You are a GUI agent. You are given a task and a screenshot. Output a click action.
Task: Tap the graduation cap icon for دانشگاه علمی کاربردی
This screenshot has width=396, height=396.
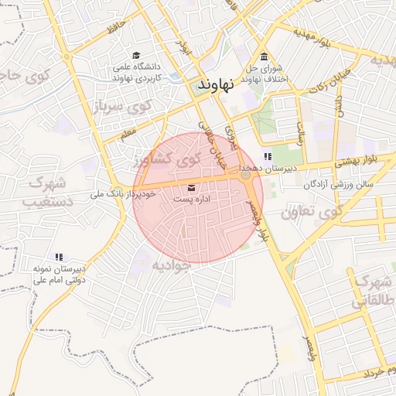tap(136, 55)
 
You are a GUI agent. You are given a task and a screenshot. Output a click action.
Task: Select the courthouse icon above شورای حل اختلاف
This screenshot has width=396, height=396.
tap(265, 56)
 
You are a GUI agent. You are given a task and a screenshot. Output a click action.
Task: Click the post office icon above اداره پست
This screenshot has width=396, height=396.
tap(192, 187)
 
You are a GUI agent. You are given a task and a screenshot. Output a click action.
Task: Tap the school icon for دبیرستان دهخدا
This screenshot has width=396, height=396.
tap(268, 157)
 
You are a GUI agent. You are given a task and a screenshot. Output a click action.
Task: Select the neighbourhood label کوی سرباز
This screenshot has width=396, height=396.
tap(123, 106)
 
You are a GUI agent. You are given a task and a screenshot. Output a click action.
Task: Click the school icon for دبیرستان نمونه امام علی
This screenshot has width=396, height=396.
tap(59, 257)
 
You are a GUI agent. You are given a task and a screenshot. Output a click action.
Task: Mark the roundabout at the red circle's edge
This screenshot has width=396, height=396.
tap(247, 176)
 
